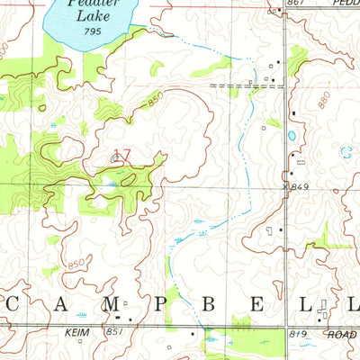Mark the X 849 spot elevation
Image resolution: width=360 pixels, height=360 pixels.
[294, 186]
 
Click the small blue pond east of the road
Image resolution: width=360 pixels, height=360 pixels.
[291, 137]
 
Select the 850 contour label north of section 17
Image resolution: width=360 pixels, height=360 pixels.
[155, 101]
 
